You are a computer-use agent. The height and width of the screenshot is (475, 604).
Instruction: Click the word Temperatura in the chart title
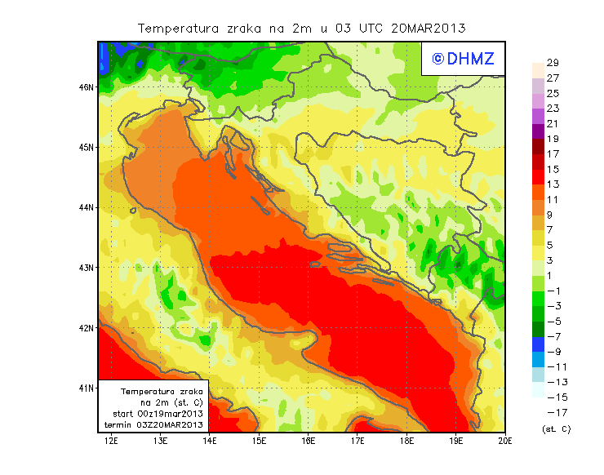pyautogui.click(x=177, y=28)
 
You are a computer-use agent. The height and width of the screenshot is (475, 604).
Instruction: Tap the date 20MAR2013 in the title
pyautogui.click(x=429, y=28)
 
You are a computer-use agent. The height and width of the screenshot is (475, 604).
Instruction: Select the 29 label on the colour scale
pyautogui.click(x=553, y=63)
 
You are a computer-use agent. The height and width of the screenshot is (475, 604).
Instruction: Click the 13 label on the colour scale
pyautogui.click(x=553, y=184)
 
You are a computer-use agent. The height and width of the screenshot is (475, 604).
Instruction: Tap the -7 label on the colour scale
pyautogui.click(x=553, y=336)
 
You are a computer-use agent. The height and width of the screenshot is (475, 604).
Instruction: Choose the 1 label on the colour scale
pyautogui.click(x=553, y=276)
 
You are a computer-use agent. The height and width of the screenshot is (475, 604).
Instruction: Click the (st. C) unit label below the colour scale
pyautogui.click(x=556, y=428)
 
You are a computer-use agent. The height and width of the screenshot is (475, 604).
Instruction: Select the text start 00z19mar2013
pyautogui.click(x=157, y=415)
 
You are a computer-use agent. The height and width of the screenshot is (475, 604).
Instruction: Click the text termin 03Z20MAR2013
pyautogui.click(x=153, y=426)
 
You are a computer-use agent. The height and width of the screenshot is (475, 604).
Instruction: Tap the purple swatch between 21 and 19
pyautogui.click(x=538, y=131)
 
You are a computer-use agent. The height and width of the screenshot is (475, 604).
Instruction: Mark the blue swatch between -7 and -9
pyautogui.click(x=538, y=344)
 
